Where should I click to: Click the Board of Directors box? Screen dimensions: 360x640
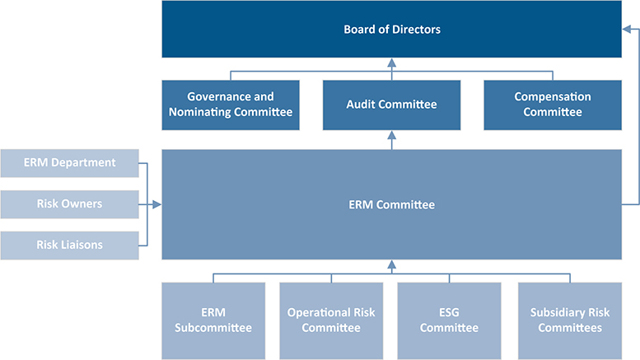pos(391,30)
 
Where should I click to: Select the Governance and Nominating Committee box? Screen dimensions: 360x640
pos(230,105)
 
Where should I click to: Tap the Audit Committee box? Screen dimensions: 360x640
pos(391,105)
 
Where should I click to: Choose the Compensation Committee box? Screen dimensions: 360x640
pos(552,105)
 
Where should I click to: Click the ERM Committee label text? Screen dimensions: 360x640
pos(391,204)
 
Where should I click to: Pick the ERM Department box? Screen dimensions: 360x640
pos(69,163)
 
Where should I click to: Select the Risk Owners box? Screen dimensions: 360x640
pos(69,203)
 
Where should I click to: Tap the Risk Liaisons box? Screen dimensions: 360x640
pos(69,244)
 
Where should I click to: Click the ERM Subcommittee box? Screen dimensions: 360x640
pos(213,320)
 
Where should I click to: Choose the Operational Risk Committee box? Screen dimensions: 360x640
pos(332,320)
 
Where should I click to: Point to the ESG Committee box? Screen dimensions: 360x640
pos(449,320)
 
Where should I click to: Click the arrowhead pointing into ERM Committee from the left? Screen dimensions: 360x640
pos(156,204)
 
